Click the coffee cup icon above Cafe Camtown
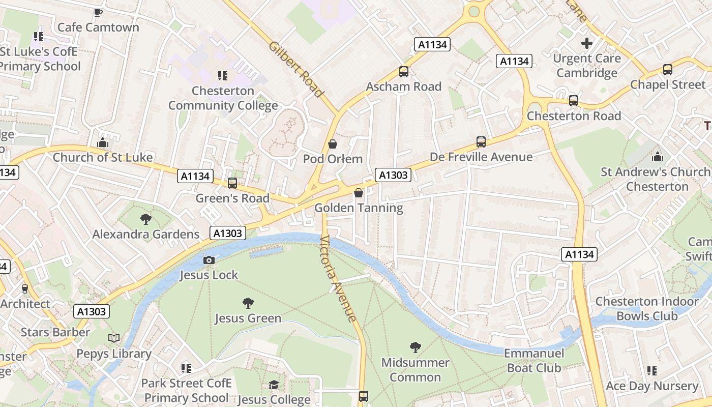[98, 12]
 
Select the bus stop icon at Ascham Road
[404, 72]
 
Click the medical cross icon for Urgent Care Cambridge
[587, 43]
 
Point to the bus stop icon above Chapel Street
[668, 70]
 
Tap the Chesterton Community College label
[223, 98]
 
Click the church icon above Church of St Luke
[103, 142]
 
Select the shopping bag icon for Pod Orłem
[333, 144]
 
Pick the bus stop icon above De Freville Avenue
[481, 142]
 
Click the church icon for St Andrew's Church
[658, 157]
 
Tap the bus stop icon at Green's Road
[232, 183]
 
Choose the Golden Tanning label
[359, 208]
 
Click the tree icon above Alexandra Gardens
[146, 219]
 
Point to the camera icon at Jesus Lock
[209, 260]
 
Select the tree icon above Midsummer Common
[415, 347]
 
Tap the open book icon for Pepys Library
[114, 338]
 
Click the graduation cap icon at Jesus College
[274, 385]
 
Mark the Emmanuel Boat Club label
[534, 360]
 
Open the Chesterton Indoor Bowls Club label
[647, 309]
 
